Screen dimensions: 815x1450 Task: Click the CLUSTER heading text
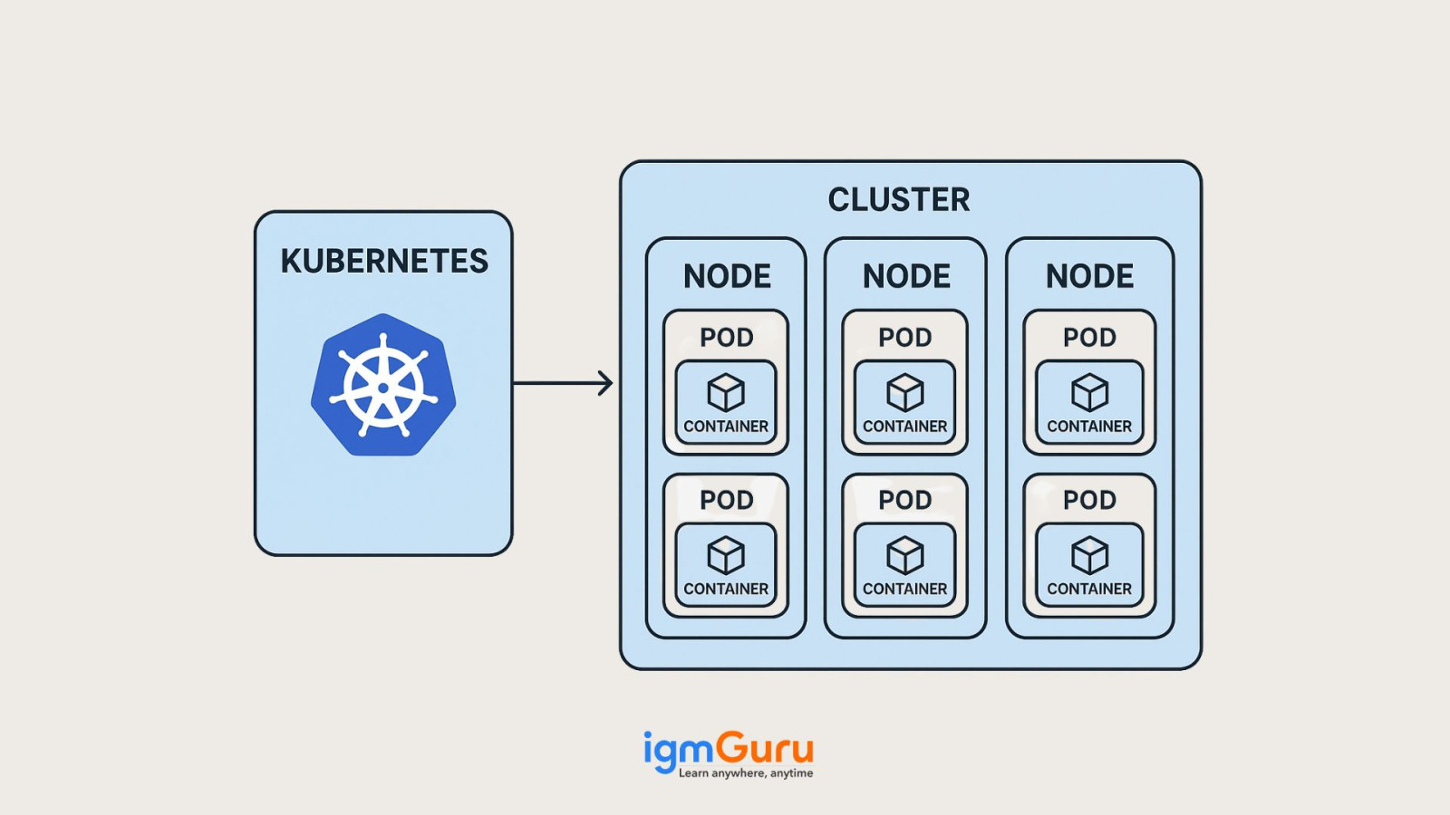[x=898, y=200]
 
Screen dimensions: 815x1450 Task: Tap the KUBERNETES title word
[x=384, y=262]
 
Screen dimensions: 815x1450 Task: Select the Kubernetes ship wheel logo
[x=383, y=386]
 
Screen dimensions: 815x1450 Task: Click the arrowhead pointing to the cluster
[x=605, y=383]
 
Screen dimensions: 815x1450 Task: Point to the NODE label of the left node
[x=727, y=276]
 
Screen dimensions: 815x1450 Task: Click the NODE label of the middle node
[x=906, y=276]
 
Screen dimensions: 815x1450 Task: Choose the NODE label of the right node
[x=1089, y=276]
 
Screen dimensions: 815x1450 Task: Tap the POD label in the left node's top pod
[x=726, y=338]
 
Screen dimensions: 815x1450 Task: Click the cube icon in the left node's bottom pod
[x=726, y=555]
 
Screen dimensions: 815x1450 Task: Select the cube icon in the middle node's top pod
[x=904, y=392]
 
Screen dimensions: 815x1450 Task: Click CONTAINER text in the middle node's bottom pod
[x=904, y=589]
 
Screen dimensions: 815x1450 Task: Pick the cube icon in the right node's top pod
[x=1089, y=392]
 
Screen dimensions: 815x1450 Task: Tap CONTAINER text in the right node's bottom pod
[x=1089, y=589]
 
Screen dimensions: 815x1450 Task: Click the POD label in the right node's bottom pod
[x=1089, y=500]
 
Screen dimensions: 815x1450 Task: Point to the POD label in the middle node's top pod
[x=904, y=338]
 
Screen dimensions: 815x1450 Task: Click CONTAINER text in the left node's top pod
[x=726, y=427]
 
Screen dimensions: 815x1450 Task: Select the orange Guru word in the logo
[x=764, y=749]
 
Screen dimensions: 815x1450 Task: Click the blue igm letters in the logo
[x=678, y=751]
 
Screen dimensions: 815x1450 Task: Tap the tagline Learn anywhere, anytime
[x=745, y=773]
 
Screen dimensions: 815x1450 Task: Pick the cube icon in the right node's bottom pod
[x=1089, y=555]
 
